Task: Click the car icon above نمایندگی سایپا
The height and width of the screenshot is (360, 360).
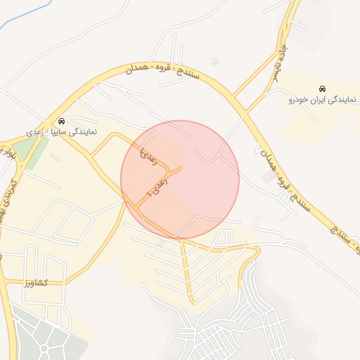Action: click(62, 121)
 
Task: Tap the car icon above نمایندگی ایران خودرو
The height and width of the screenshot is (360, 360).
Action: click(322, 89)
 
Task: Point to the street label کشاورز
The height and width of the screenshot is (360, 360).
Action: click(33, 283)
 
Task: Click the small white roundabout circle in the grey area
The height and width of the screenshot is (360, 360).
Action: click(44, 349)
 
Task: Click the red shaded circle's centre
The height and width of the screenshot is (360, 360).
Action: click(180, 180)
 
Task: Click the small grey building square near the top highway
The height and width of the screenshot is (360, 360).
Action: click(214, 62)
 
